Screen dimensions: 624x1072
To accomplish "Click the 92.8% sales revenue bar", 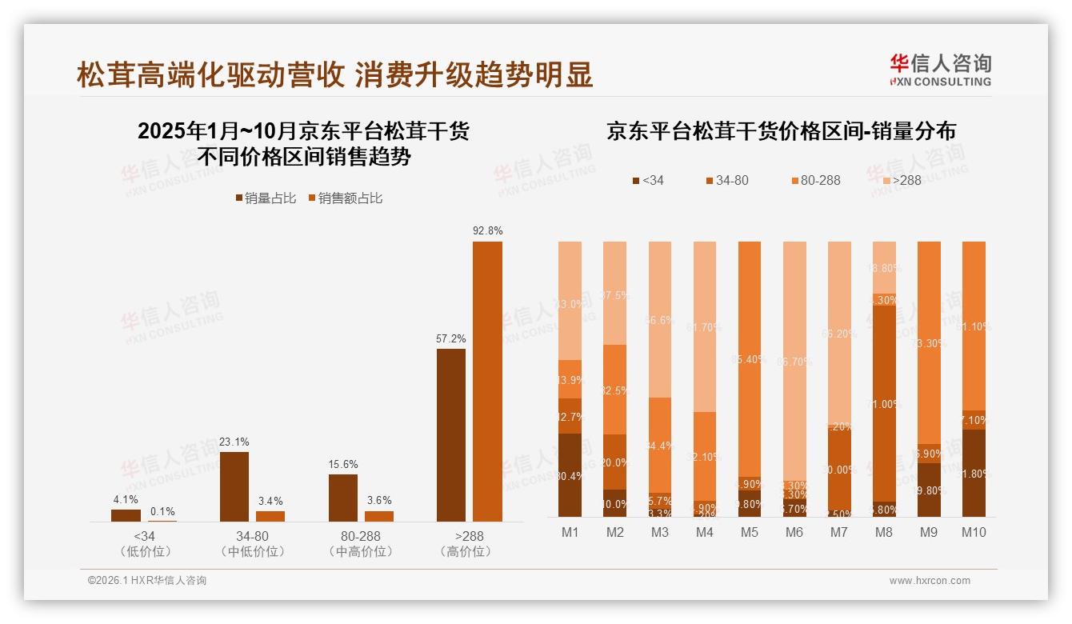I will [487, 382].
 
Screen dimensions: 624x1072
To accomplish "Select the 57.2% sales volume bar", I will [450, 435].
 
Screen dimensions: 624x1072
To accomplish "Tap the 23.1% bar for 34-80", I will [234, 486].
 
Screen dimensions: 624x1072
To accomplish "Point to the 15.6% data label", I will [343, 464].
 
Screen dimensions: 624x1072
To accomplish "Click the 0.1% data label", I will [162, 512].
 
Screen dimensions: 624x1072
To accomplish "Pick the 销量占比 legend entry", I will [266, 198].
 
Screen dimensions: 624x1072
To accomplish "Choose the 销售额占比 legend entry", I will [345, 198].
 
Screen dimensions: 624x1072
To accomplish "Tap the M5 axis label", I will [749, 532].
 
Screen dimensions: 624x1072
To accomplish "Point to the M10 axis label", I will [973, 532].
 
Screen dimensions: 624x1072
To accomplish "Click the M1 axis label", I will [570, 532].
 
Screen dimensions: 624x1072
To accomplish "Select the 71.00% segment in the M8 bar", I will [883, 403].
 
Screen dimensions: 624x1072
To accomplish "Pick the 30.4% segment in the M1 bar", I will [570, 475].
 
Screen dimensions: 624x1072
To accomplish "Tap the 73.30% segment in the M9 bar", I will [928, 342].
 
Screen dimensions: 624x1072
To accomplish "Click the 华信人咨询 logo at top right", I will [940, 70].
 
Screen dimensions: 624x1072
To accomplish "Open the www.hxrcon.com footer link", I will [930, 581].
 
